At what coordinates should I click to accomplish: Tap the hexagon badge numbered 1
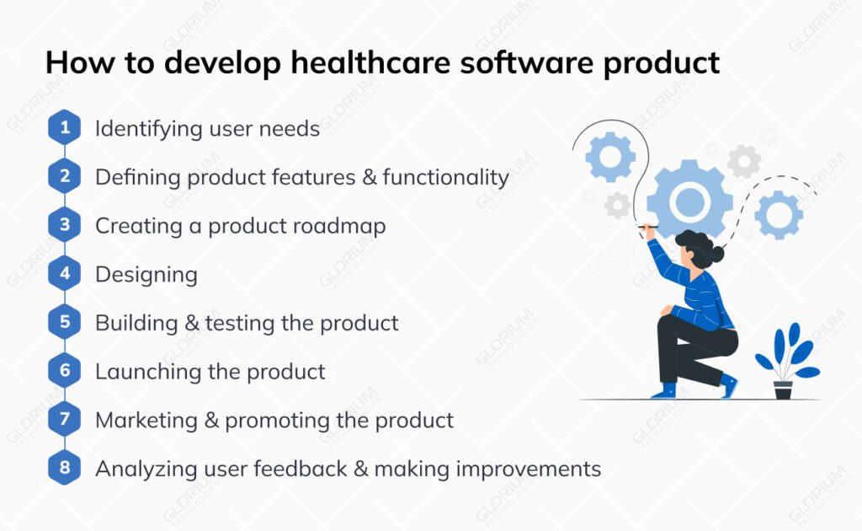65,129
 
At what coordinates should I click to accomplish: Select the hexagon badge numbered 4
65,274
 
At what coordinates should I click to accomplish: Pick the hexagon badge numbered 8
65,468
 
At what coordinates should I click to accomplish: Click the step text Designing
146,275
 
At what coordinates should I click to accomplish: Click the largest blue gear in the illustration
689,201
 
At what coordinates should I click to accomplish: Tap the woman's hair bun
716,253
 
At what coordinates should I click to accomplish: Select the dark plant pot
783,390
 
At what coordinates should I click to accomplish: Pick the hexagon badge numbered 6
65,371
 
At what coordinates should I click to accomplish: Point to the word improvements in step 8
529,468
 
